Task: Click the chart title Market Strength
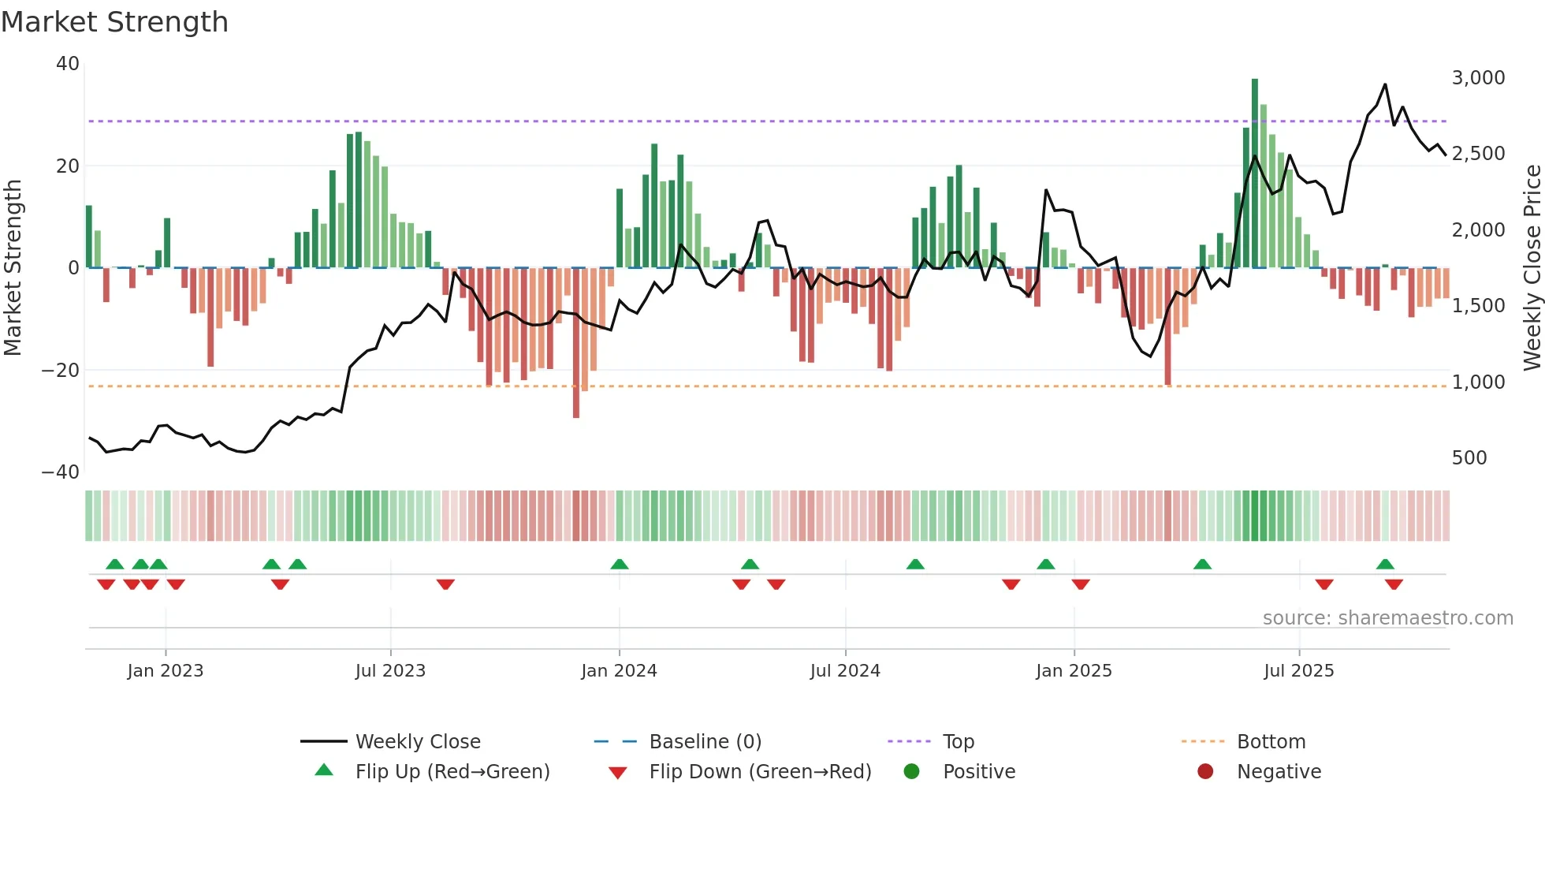pyautogui.click(x=114, y=22)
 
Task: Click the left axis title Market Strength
pyautogui.click(x=13, y=267)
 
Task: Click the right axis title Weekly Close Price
pyautogui.click(x=1532, y=267)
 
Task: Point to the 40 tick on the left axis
pyautogui.click(x=68, y=64)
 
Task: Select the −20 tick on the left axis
pyautogui.click(x=61, y=370)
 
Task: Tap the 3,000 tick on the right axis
pyautogui.click(x=1478, y=78)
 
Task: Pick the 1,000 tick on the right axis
pyautogui.click(x=1478, y=382)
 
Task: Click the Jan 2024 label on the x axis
pyautogui.click(x=619, y=671)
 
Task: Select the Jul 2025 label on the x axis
pyautogui.click(x=1298, y=671)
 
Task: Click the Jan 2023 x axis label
pyautogui.click(x=166, y=671)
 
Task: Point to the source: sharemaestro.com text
pyautogui.click(x=1387, y=618)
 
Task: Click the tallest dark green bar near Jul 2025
pyautogui.click(x=1255, y=173)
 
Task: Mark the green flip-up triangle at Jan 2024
pyautogui.click(x=620, y=564)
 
